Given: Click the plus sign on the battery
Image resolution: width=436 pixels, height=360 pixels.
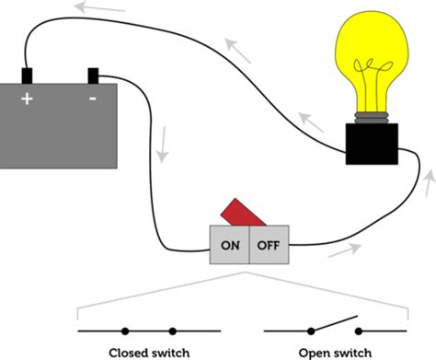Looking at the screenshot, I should click(x=27, y=96).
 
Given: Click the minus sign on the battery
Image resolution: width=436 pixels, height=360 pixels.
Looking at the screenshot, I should click(x=93, y=96).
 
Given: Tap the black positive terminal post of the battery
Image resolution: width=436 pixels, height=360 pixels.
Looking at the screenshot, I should click(x=28, y=75).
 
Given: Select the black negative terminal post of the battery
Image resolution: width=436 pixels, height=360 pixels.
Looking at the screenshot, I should click(x=93, y=75).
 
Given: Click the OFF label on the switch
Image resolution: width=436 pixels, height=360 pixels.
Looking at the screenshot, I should click(x=269, y=246).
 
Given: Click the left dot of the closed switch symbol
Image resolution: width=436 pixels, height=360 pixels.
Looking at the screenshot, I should click(x=125, y=331).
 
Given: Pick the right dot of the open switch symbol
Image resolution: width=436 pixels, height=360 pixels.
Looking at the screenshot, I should click(x=359, y=331).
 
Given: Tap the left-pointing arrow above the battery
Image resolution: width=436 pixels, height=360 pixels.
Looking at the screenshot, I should click(x=100, y=10).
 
